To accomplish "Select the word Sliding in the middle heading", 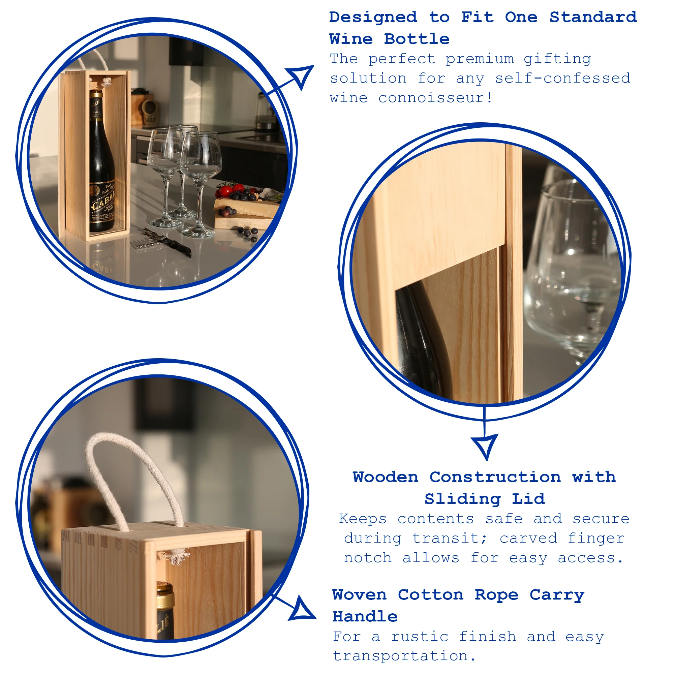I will (x=463, y=499).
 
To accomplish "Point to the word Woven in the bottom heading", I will (x=359, y=594).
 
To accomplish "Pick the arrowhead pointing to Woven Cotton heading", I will (x=301, y=610).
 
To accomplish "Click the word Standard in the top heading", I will (x=593, y=17).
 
